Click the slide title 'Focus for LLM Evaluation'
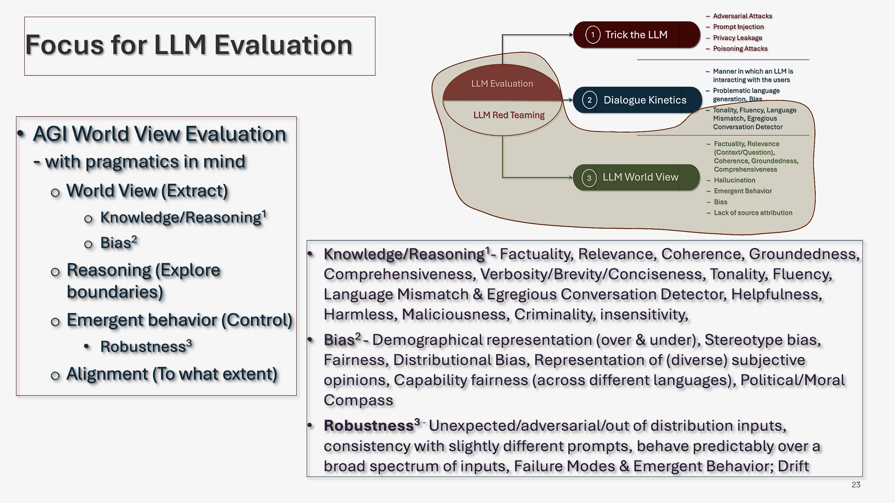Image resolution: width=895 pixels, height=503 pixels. point(189,45)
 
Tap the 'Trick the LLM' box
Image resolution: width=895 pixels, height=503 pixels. point(636,35)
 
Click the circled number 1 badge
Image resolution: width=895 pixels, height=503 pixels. point(593,35)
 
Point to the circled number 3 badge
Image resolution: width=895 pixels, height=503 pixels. point(589,178)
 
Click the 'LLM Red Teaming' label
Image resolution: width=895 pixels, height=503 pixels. point(509,115)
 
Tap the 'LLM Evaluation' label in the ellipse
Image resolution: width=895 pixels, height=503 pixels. point(502,84)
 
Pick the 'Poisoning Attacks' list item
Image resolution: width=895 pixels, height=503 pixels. point(740,49)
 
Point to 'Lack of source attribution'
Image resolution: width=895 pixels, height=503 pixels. point(753,213)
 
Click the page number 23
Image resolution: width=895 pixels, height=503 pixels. point(856,485)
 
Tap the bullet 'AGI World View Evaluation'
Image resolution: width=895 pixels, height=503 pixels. point(159,134)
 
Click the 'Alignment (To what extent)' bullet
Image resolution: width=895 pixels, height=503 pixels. point(172,374)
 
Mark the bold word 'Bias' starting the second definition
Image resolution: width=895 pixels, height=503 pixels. point(339,340)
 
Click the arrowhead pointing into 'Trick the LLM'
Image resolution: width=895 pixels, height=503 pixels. point(571,35)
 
